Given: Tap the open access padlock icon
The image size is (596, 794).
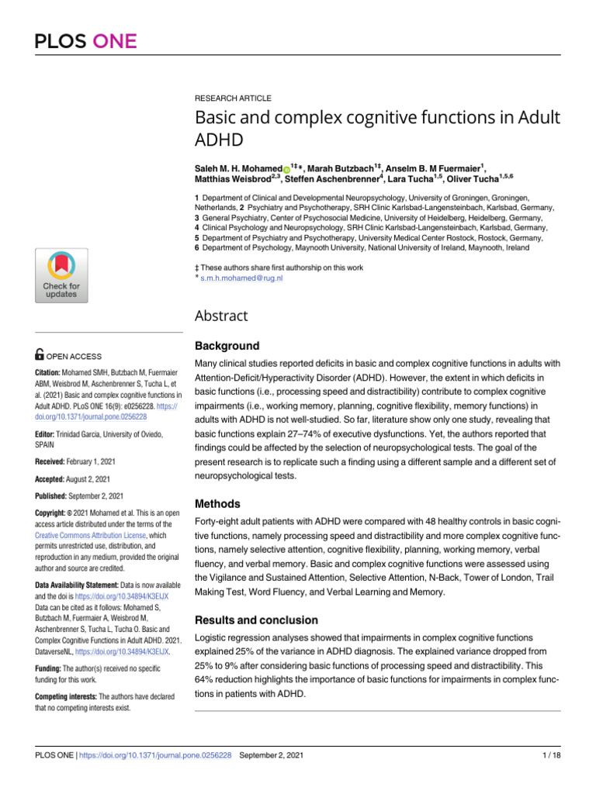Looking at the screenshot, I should tap(40, 355).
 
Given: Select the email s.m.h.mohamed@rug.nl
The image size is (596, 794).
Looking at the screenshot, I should tap(241, 277).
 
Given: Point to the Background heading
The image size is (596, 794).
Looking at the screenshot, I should tap(226, 346).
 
